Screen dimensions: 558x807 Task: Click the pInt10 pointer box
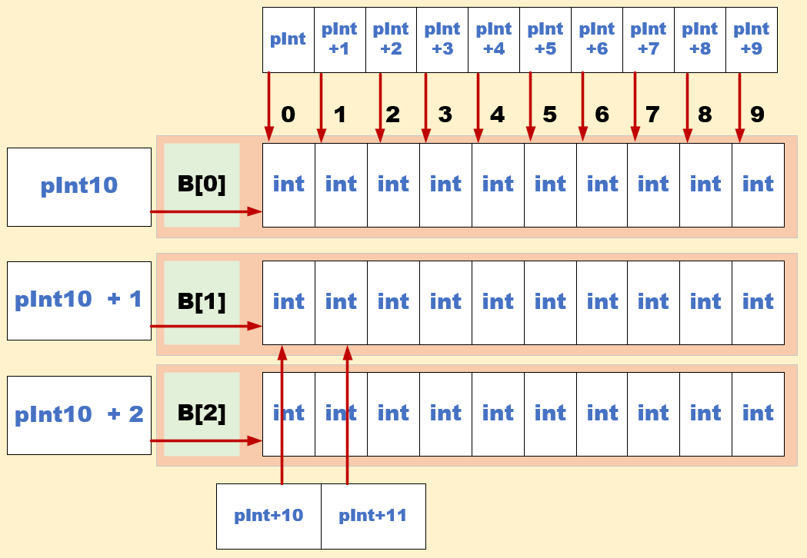coord(79,187)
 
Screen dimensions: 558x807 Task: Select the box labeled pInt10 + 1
coord(79,301)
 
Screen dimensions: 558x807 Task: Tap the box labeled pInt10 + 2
coord(79,415)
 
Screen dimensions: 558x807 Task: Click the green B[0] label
coord(202,185)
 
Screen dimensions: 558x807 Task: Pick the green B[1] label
coord(202,302)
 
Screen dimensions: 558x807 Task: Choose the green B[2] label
coord(202,414)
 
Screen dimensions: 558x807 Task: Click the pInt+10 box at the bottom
coord(268,516)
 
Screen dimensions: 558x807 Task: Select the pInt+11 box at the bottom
coord(373,516)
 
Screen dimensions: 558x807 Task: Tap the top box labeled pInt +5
coord(545,39)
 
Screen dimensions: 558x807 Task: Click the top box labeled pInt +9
coord(752,39)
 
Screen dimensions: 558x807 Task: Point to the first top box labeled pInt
coord(288,39)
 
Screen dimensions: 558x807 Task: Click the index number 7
coord(652,115)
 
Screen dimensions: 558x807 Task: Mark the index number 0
coord(288,115)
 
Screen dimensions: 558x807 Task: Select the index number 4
coord(497,115)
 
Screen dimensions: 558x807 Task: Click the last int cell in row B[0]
coord(758,184)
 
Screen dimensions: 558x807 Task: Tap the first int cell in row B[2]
coord(288,414)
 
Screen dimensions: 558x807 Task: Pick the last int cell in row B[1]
coord(758,302)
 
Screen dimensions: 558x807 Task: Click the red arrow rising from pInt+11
coord(348,415)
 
